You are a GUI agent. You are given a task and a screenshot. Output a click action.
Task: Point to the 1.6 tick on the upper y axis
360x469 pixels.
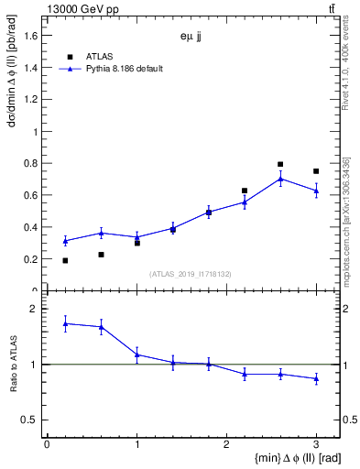tap(34, 35)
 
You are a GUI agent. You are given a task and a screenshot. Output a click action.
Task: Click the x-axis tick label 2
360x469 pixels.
tap(226, 444)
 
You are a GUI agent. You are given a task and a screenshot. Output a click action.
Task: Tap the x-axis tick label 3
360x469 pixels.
tap(316, 444)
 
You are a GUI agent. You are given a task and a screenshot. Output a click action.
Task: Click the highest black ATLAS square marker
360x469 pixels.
tap(280, 165)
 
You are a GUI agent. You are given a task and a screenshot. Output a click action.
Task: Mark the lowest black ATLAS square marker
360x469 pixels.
tap(65, 260)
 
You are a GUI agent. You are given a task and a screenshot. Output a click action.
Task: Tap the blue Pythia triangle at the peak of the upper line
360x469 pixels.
tap(280, 179)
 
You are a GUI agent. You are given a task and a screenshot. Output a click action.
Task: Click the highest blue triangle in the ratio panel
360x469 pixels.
tap(65, 323)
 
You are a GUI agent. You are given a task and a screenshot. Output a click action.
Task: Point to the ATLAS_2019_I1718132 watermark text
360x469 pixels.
tap(191, 273)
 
